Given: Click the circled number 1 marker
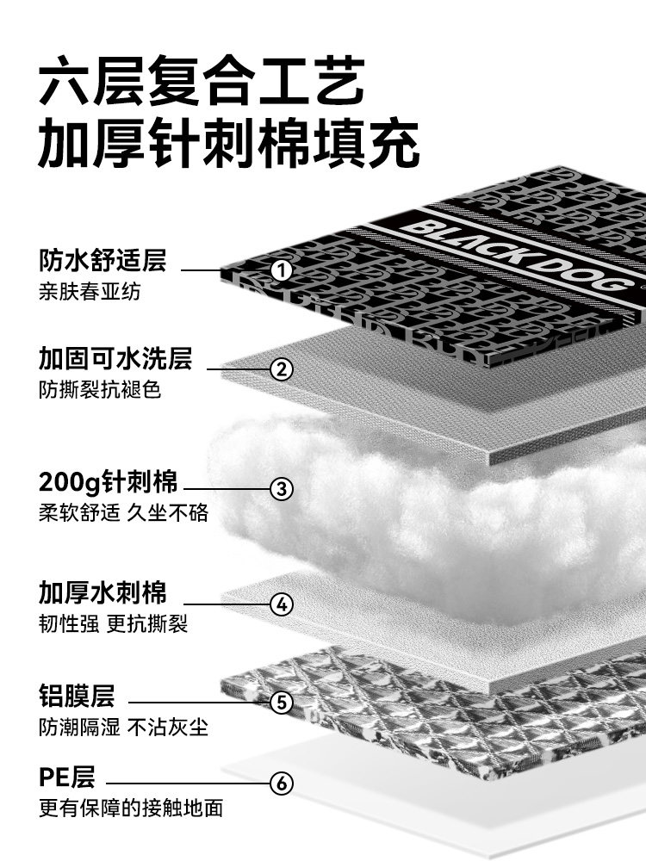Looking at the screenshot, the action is pos(282,270).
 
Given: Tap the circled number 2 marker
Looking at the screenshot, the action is pos(282,370).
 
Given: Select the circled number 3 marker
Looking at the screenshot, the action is pos(282,489).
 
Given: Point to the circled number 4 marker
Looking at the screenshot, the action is pos(282,604).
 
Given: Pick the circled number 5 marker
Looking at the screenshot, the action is pos(282,703).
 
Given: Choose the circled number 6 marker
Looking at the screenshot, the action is pos(282,784).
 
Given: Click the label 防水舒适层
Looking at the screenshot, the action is pos(102,259).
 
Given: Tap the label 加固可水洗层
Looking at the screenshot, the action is pos(115,358).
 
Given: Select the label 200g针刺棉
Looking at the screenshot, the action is pos(108,480).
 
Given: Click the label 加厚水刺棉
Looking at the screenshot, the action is pos(102,592).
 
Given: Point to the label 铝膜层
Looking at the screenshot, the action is pos(77,695).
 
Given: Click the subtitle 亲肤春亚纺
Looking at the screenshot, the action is pos(90,291).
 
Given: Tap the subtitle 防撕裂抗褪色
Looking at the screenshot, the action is pos(100,389).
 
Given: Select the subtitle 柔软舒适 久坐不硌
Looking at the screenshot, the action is pos(123,512).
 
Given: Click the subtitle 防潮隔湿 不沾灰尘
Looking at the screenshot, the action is pos(123,727).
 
